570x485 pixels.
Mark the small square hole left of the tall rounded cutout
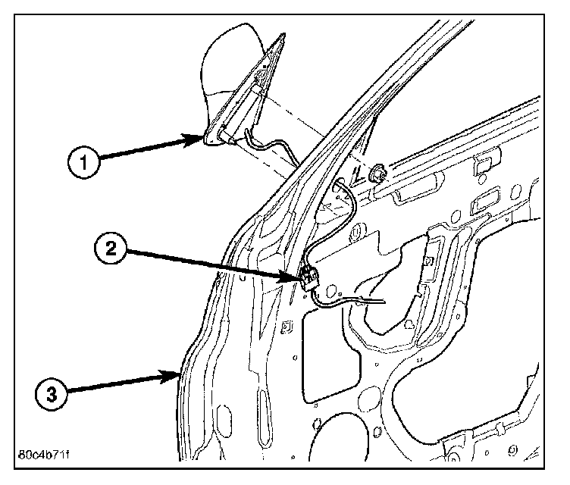(x=286, y=327)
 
